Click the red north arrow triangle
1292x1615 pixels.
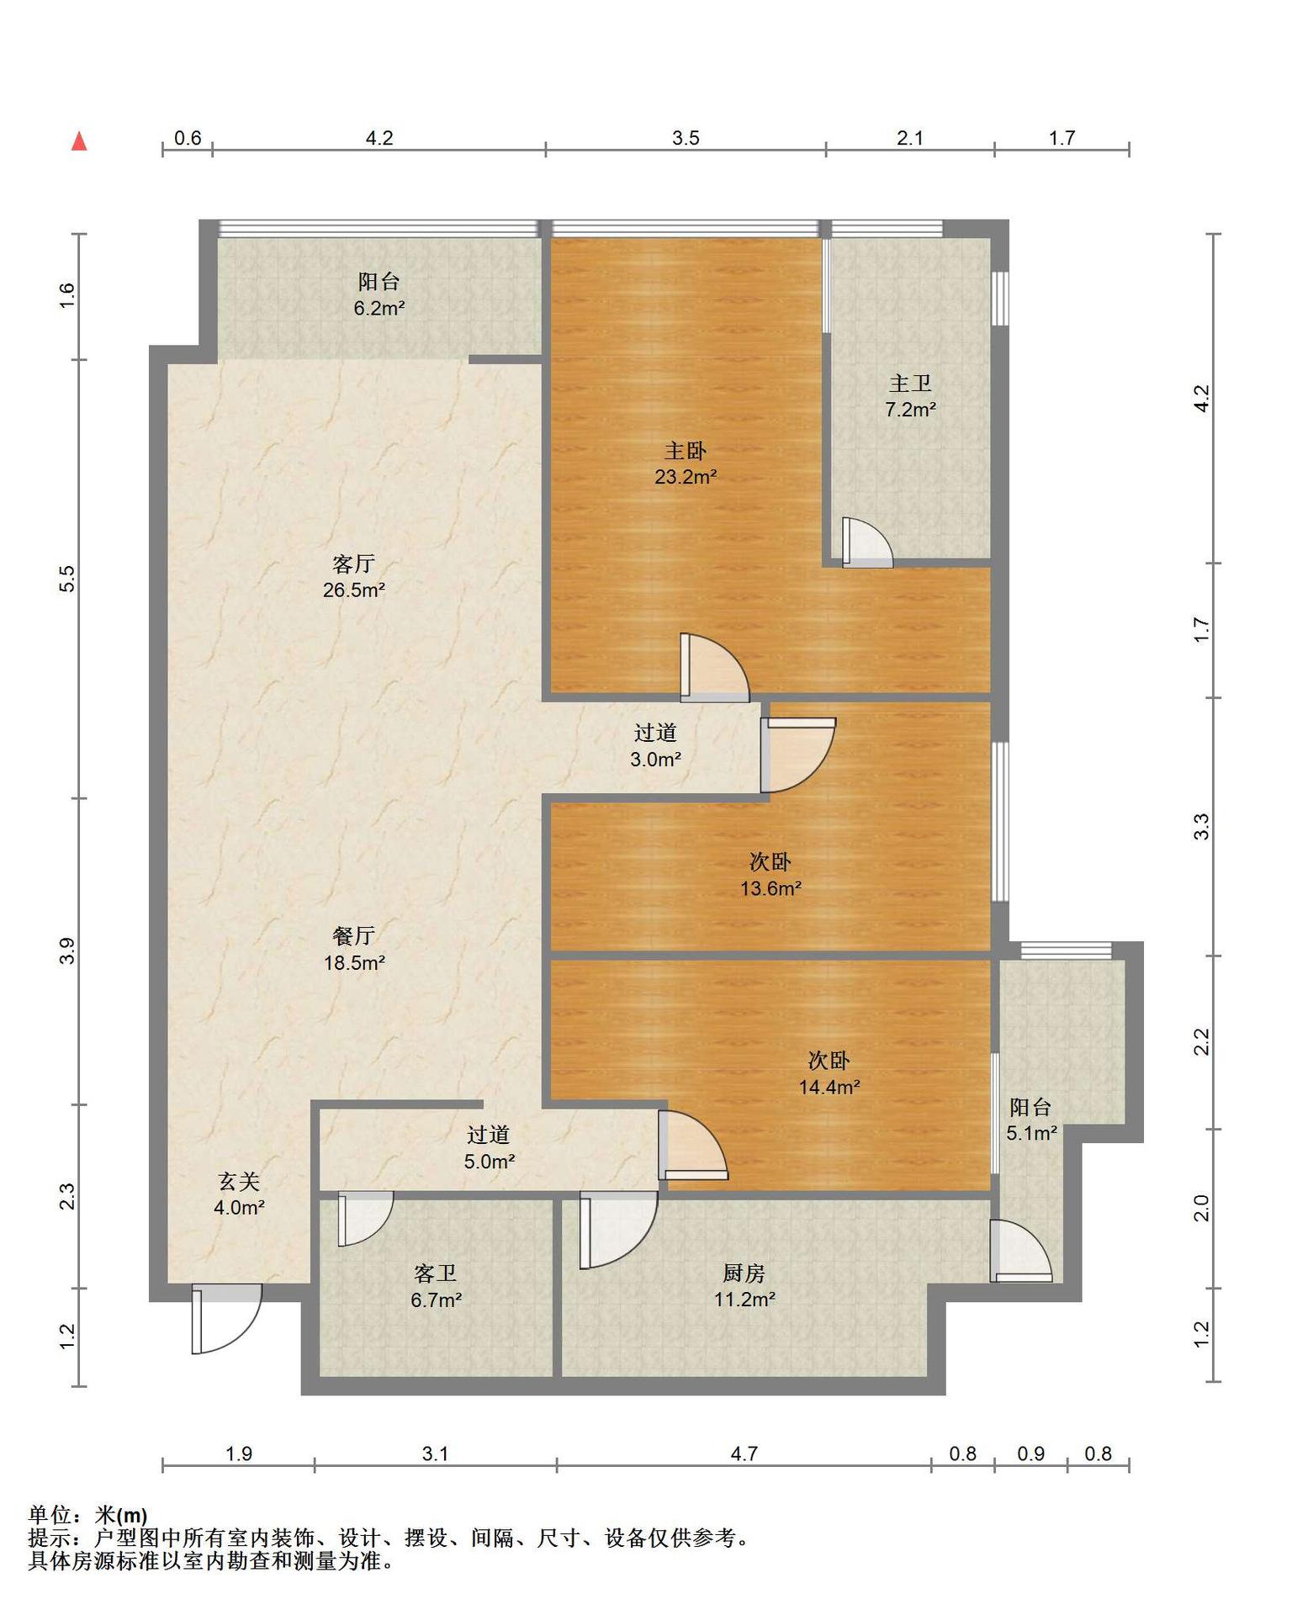tap(79, 140)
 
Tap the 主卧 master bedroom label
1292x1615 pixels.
tap(686, 451)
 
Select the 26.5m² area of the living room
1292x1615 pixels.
tap(354, 590)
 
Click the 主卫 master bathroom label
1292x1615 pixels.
tap(910, 384)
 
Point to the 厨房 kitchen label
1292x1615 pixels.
tap(744, 1273)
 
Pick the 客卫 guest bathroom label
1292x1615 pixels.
tap(436, 1273)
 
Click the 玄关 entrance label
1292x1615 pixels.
tap(240, 1181)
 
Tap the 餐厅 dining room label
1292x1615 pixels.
tap(354, 935)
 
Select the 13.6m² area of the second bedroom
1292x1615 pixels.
tap(770, 888)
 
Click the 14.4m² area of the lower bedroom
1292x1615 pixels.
tap(829, 1087)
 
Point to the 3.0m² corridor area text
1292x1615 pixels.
tap(656, 760)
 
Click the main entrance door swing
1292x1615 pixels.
tap(226, 1318)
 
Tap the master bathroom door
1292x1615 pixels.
tap(867, 543)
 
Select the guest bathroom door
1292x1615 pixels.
tap(365, 1218)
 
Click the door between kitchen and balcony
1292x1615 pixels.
tap(1020, 1251)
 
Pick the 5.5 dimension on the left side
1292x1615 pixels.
tap(67, 579)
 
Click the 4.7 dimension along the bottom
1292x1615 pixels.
tap(744, 1453)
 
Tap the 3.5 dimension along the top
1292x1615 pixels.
tap(686, 138)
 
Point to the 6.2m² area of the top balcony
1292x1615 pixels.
tap(379, 308)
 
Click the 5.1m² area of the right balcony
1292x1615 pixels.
tap(1032, 1133)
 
